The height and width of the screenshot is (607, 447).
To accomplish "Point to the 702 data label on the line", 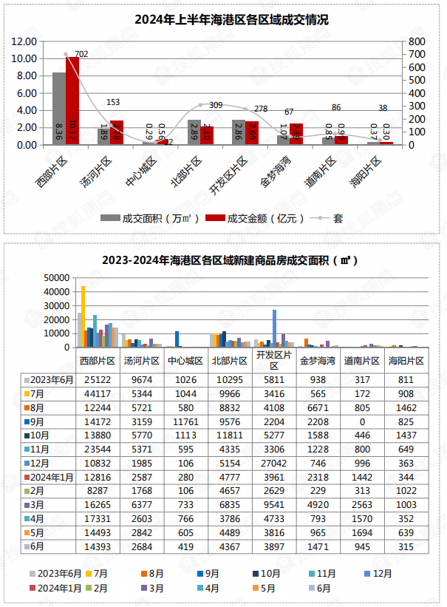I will click(x=81, y=54).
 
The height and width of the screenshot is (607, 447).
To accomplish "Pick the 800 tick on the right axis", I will click(x=417, y=41).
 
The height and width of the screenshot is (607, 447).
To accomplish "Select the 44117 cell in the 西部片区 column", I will click(x=98, y=393).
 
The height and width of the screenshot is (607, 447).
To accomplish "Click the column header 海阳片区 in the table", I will click(x=407, y=361).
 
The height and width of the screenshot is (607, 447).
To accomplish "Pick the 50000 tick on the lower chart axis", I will click(x=56, y=278).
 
